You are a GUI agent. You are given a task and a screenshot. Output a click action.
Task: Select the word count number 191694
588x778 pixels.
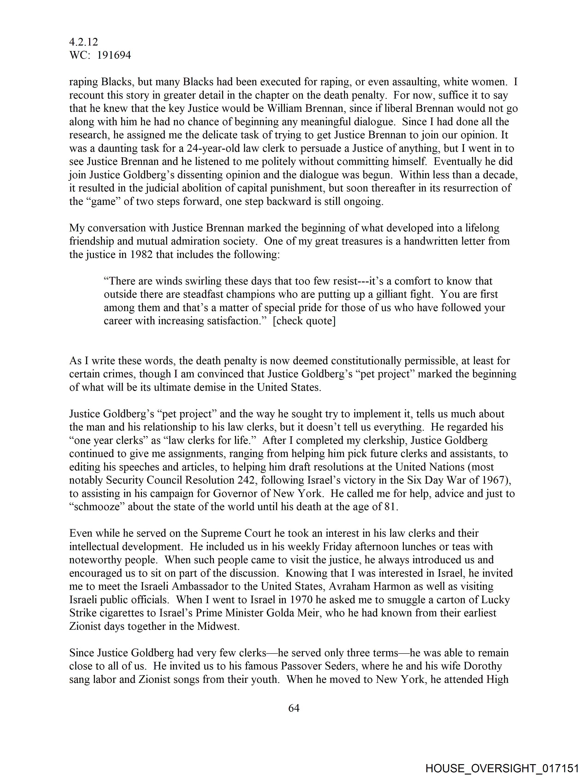click(x=114, y=55)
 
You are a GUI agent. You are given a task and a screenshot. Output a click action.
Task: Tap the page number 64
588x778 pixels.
click(x=294, y=708)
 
